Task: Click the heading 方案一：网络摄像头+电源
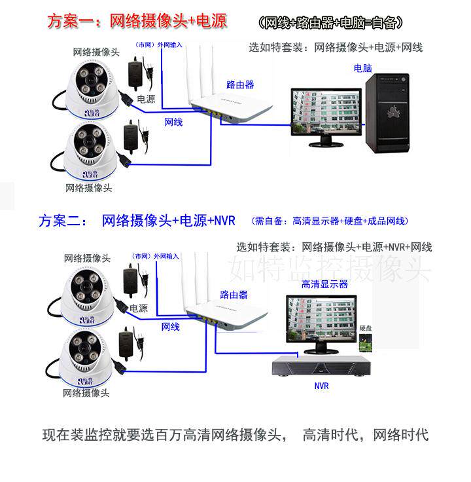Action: (x=137, y=21)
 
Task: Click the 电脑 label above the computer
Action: (x=363, y=67)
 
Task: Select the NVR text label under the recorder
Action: (x=321, y=386)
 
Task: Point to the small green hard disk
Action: (x=365, y=341)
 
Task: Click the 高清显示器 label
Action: (x=324, y=284)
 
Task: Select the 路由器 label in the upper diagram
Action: (x=240, y=84)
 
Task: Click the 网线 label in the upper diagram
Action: (x=173, y=122)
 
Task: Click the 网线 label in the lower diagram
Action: (x=171, y=326)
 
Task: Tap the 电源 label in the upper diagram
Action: (x=146, y=99)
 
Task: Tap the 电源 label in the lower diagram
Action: (x=138, y=308)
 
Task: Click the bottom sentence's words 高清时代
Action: (x=330, y=434)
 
